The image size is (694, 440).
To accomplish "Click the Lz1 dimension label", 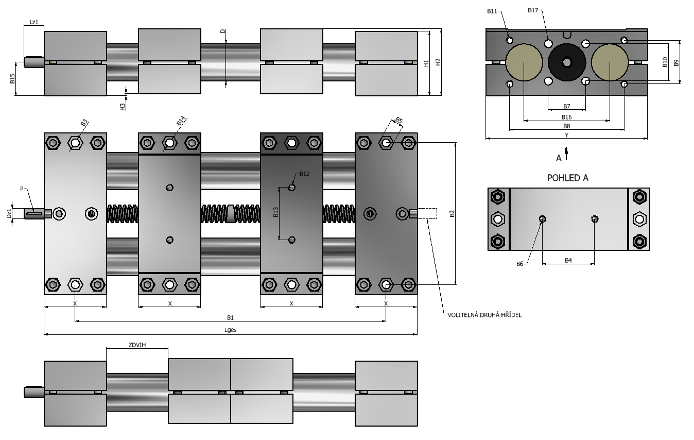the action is pos(34,22).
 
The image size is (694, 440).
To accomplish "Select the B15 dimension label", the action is pos(12,78).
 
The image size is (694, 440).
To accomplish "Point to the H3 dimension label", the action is pos(123,107).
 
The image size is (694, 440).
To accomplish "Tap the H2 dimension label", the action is pos(438,62).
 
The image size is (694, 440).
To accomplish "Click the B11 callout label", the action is pos(492,11).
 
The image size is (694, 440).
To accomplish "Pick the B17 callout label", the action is pos(533,10).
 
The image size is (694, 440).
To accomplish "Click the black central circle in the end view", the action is pos(567,62).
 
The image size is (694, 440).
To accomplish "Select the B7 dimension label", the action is pos(567,106).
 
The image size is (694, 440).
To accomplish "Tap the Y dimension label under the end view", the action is pos(567,135).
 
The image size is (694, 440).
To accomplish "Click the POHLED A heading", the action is pos(567,178).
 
